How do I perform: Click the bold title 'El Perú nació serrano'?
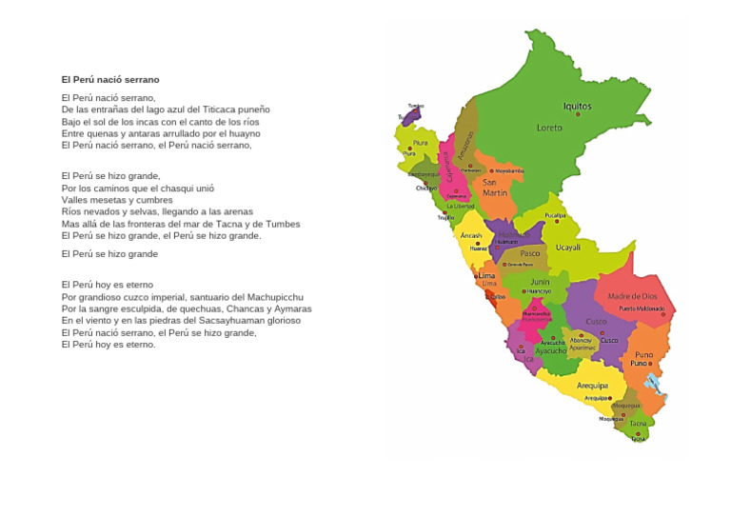pyautogui.click(x=110, y=80)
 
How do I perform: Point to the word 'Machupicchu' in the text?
pyautogui.click(x=276, y=297)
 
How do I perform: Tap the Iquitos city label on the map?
pyautogui.click(x=577, y=107)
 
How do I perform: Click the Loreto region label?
pyautogui.click(x=549, y=128)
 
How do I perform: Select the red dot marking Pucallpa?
pyautogui.click(x=555, y=222)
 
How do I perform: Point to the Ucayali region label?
pyautogui.click(x=567, y=248)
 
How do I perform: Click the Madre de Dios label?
pyautogui.click(x=632, y=296)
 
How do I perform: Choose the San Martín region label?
pyautogui.click(x=494, y=187)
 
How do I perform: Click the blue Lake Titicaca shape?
pyautogui.click(x=655, y=384)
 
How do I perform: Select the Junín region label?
pyautogui.click(x=540, y=282)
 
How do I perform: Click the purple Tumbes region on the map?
pyautogui.click(x=412, y=115)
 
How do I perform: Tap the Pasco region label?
pyautogui.click(x=529, y=253)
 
